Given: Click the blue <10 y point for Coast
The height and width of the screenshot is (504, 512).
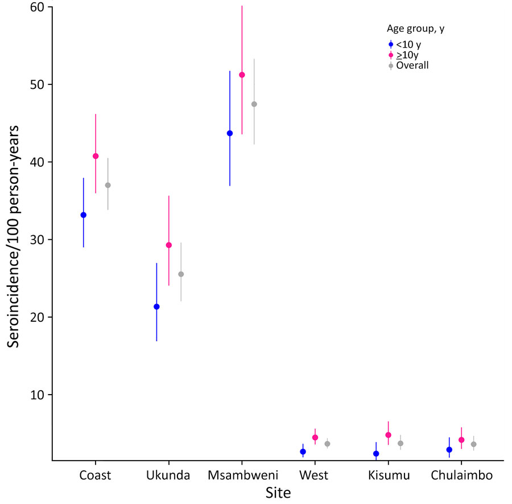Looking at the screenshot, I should [x=84, y=215].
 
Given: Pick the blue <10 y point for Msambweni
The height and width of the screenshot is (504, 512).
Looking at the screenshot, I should [x=230, y=133].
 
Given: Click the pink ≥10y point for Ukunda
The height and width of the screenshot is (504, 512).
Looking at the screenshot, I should [x=168, y=245].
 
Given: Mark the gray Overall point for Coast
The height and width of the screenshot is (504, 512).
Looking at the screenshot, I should [x=108, y=185].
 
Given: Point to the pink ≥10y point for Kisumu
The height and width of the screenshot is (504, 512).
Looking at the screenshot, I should [x=389, y=435].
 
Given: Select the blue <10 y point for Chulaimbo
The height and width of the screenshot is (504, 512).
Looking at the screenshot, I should [x=449, y=449].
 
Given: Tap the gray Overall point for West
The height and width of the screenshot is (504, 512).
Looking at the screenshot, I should [x=327, y=444].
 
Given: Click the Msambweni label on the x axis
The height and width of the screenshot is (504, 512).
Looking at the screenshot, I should [x=242, y=476].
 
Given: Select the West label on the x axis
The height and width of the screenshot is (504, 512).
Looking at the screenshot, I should [x=315, y=476].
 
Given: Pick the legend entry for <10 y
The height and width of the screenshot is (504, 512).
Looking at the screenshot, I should [x=408, y=44].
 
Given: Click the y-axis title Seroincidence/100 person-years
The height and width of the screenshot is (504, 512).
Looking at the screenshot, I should [x=15, y=233].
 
